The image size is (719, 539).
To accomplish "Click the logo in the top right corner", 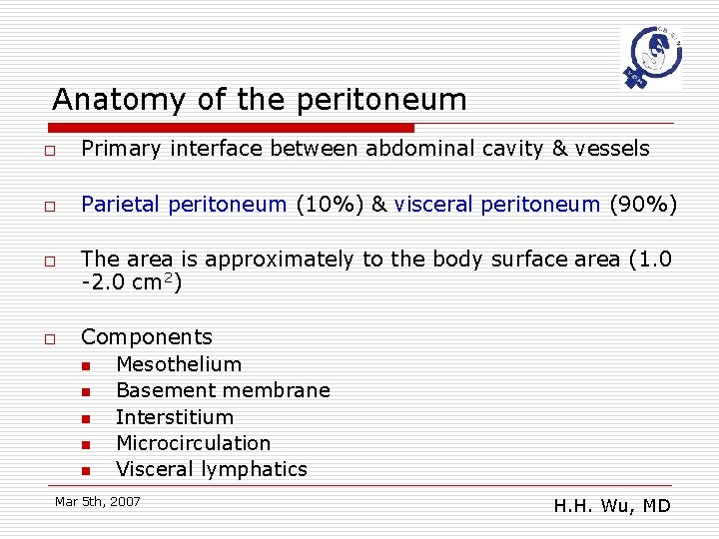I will click(651, 57).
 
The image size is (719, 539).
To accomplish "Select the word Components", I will click(147, 337).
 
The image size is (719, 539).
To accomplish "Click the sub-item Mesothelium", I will click(179, 365).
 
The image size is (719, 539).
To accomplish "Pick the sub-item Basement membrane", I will click(223, 391).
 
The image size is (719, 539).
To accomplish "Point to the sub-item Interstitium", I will click(175, 417).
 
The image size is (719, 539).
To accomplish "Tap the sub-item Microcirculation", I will click(194, 443).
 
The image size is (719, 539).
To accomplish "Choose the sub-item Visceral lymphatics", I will click(212, 469).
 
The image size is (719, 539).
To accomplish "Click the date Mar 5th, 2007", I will click(98, 501).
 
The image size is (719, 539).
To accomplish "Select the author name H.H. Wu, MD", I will click(612, 506).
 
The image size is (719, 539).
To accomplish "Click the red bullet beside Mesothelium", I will click(86, 366).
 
